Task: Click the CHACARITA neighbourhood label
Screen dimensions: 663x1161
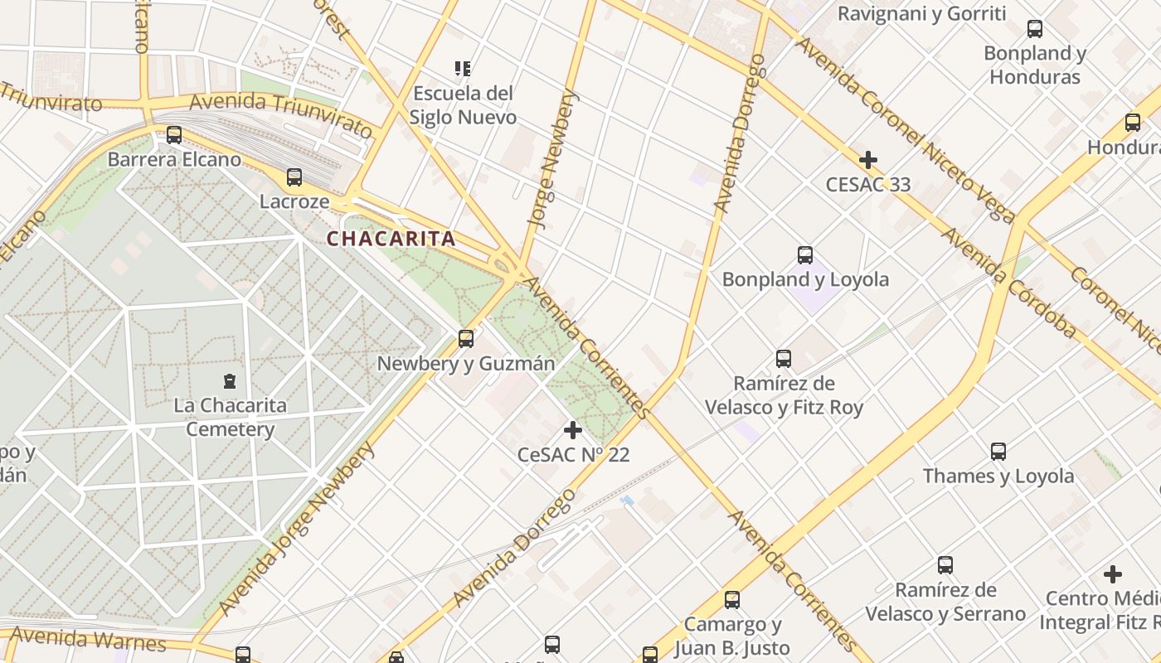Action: [391, 239]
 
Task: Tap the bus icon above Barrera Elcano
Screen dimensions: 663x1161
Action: [174, 134]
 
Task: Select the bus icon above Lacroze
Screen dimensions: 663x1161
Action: [294, 177]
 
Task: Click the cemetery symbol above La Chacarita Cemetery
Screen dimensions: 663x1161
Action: [230, 381]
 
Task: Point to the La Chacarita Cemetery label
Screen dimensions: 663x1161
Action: [230, 418]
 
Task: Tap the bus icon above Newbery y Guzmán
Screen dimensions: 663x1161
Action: [466, 338]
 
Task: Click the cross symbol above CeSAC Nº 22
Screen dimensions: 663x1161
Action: [573, 430]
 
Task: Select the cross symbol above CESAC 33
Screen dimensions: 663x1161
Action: [868, 159]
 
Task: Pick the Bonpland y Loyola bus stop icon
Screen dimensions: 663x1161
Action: [805, 254]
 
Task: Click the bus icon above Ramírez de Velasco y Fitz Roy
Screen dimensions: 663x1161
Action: [784, 359]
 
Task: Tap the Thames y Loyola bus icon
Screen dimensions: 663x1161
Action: [998, 452]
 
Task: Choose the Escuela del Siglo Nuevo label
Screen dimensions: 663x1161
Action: [463, 105]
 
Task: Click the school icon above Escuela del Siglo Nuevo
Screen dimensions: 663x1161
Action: [463, 68]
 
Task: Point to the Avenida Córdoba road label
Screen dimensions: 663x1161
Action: [1008, 283]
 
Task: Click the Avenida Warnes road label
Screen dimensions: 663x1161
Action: [88, 639]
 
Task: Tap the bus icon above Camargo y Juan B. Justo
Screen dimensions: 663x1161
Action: [732, 599]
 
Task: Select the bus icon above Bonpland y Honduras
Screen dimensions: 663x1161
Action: [1035, 29]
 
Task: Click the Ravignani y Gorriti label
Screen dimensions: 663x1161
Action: [921, 13]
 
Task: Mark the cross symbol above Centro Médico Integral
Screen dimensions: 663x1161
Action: [1113, 573]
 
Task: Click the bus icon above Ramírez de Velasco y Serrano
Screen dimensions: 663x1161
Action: [945, 565]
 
